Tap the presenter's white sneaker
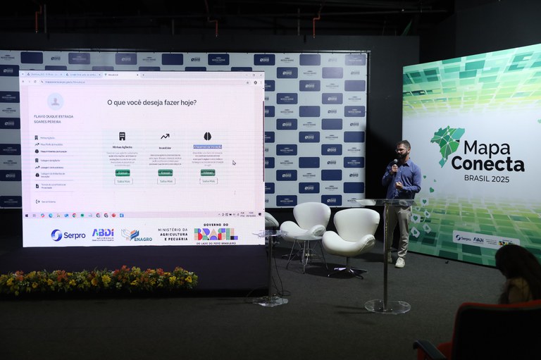point(399,262)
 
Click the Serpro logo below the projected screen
point(68,235)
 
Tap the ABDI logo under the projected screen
point(103,233)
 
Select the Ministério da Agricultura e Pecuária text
point(173,234)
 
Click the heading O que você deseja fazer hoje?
point(151,103)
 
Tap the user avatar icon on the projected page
point(55,102)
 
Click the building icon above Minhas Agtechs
point(122,136)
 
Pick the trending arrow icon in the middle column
point(165,136)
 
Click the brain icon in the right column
point(208,136)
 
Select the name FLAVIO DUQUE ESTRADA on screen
point(54,116)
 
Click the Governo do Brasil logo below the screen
point(216,233)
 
